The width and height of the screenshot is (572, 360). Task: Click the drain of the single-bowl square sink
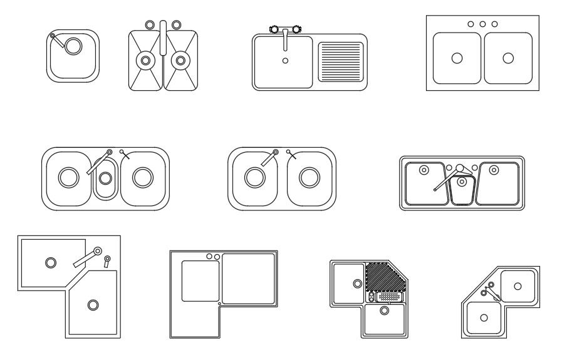(73, 46)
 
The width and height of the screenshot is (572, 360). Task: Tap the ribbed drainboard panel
(341, 61)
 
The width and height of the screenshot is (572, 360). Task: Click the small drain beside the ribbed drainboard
(286, 61)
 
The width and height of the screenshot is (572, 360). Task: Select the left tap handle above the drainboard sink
(274, 29)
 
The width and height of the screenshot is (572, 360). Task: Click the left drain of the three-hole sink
(457, 58)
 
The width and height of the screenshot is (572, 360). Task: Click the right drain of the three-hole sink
(508, 58)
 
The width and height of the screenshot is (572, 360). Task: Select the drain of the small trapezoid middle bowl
(462, 182)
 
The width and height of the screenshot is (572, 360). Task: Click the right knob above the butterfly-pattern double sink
(176, 24)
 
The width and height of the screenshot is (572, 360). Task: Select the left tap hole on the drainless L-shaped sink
(209, 256)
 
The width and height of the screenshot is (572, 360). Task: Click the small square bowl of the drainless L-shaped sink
(200, 280)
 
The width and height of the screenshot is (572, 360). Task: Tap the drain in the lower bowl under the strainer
(384, 310)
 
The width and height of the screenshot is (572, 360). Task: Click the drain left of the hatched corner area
(358, 283)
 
